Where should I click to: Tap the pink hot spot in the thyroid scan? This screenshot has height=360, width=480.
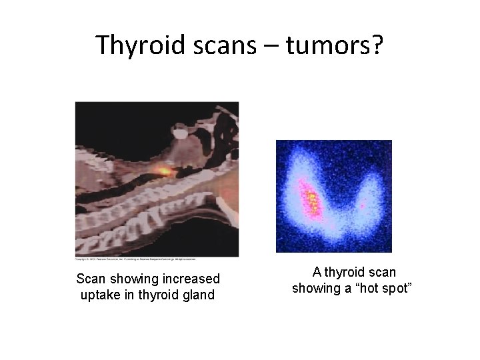pyautogui.click(x=311, y=199)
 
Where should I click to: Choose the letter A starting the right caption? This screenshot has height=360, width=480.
pyautogui.click(x=317, y=272)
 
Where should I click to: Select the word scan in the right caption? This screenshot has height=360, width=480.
pyautogui.click(x=383, y=272)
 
